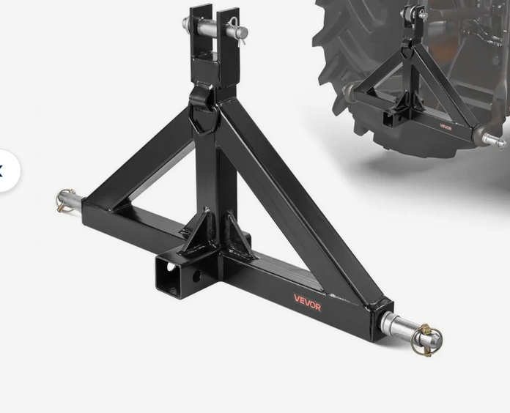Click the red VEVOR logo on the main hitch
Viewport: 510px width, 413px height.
coord(307,302)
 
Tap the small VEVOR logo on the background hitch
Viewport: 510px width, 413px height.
coord(446,127)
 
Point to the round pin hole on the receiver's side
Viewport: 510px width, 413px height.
coord(197,275)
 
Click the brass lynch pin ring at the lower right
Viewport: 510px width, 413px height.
coord(426,341)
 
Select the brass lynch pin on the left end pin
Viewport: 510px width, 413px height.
coord(66,200)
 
